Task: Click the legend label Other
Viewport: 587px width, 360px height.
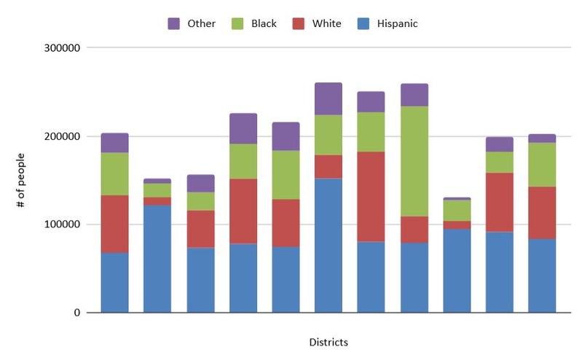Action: tap(202, 23)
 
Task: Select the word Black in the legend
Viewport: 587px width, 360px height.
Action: tap(264, 23)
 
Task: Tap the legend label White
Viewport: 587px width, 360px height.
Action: tap(327, 23)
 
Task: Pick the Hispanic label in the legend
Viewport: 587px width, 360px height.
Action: tap(397, 23)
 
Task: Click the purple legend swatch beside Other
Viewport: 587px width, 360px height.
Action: tap(174, 23)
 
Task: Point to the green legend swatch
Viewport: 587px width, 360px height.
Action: tap(237, 23)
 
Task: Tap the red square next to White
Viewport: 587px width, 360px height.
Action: tap(299, 23)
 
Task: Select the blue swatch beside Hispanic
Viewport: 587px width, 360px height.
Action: tap(363, 23)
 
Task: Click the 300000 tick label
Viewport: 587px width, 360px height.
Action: tap(62, 48)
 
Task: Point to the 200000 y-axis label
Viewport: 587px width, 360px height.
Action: tap(62, 136)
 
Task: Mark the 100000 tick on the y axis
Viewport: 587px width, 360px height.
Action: tap(62, 224)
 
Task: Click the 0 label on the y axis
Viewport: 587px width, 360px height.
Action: tap(77, 313)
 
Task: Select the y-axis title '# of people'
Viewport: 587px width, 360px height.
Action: tap(20, 180)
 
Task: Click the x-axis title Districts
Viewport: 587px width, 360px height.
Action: tap(328, 343)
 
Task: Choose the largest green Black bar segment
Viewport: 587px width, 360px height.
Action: tap(414, 162)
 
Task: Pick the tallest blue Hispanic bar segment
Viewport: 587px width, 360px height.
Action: tap(328, 246)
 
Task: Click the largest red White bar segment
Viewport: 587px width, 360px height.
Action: tap(371, 197)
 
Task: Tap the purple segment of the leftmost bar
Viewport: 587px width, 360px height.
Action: tap(115, 143)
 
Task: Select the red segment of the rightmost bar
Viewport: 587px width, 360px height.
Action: tap(542, 213)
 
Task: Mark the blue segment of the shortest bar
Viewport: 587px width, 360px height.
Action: tap(457, 270)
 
